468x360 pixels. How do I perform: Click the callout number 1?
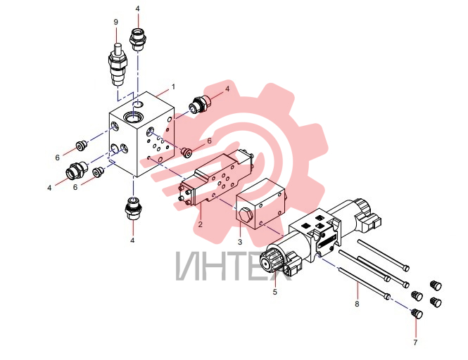[173, 87]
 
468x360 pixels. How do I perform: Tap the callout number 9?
[116, 22]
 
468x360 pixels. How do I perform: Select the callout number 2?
[200, 224]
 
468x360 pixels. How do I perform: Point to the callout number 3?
[240, 242]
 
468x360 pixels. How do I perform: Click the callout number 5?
[275, 292]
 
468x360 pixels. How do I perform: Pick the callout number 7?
[415, 342]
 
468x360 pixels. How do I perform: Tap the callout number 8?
[357, 304]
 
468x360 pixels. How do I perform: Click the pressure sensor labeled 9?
[118, 65]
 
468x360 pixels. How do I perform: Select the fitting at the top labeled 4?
[137, 39]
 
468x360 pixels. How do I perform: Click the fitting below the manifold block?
[133, 207]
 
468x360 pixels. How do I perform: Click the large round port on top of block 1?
[133, 117]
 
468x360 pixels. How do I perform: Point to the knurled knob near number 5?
[269, 259]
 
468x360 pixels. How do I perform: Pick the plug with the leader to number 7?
[416, 314]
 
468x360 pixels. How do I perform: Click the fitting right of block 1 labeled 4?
[201, 104]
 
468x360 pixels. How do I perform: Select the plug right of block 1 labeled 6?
[186, 151]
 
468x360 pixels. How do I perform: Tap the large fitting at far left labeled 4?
[77, 170]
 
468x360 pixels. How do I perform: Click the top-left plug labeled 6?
[81, 146]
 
